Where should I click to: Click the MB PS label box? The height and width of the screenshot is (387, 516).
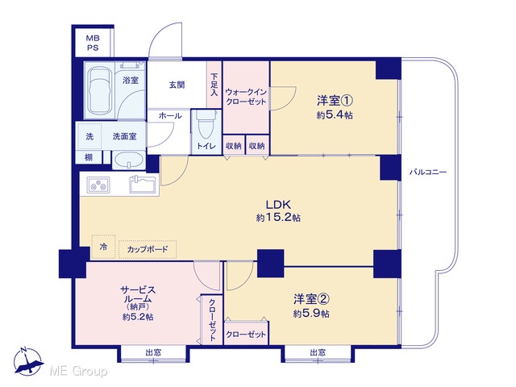[x=93, y=43]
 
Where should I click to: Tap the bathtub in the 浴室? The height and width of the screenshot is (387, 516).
[x=99, y=89]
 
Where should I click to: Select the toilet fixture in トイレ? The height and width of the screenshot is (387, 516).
[x=206, y=124]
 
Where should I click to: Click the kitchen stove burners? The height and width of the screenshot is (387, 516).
[x=98, y=185]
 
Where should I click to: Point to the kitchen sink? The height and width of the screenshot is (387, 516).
[x=143, y=185]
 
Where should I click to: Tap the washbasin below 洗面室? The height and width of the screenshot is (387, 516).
[x=129, y=160]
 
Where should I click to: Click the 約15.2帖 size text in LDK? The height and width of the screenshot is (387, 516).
[x=278, y=218]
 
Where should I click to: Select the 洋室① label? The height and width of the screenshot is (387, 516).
[x=335, y=101]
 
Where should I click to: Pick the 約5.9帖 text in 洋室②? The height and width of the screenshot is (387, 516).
[x=311, y=314]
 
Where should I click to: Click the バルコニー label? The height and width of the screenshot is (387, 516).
[x=428, y=172]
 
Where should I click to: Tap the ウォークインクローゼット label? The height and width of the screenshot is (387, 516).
[x=246, y=97]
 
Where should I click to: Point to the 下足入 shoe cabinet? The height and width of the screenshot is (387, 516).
[x=214, y=85]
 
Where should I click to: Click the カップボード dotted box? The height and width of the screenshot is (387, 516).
[x=148, y=249]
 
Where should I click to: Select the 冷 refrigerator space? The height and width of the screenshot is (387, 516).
[x=104, y=247]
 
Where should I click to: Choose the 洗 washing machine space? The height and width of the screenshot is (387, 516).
[x=89, y=136]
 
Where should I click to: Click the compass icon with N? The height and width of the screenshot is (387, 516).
[x=28, y=361]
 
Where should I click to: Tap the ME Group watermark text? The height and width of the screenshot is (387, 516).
[x=78, y=372]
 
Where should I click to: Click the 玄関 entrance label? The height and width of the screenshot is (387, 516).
[x=177, y=85]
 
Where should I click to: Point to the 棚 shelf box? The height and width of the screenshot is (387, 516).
[x=89, y=157]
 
